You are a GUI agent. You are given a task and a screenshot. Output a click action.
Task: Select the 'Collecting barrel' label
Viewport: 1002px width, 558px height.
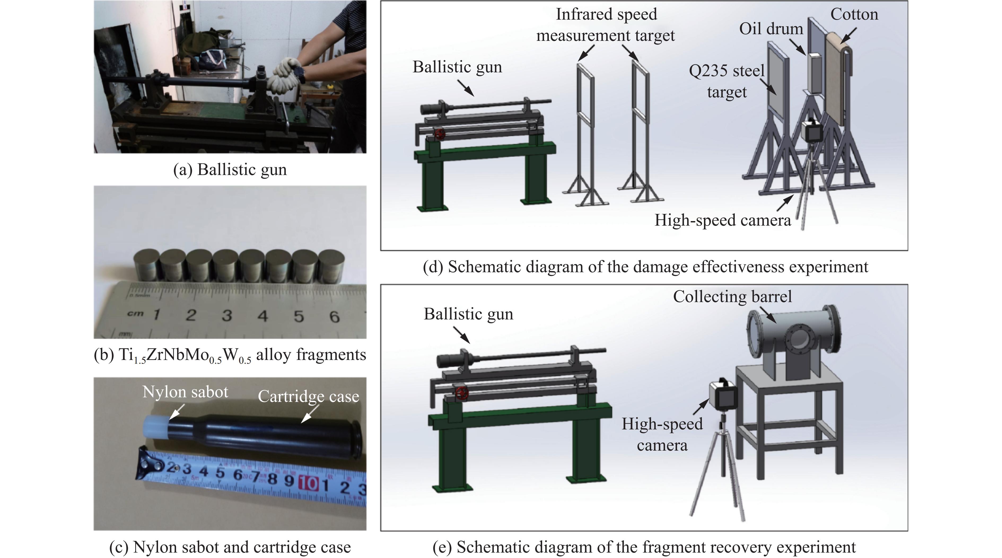pyautogui.click(x=732, y=297)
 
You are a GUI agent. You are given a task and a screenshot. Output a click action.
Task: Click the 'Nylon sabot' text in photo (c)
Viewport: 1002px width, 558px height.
pyautogui.click(x=185, y=392)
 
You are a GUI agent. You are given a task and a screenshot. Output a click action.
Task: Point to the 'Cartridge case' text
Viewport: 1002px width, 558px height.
pyautogui.click(x=308, y=397)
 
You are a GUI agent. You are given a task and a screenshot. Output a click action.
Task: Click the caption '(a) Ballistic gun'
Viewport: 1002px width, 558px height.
pyautogui.click(x=230, y=170)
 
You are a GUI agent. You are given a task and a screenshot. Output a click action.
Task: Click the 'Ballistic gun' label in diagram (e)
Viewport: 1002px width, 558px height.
pyautogui.click(x=468, y=314)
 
